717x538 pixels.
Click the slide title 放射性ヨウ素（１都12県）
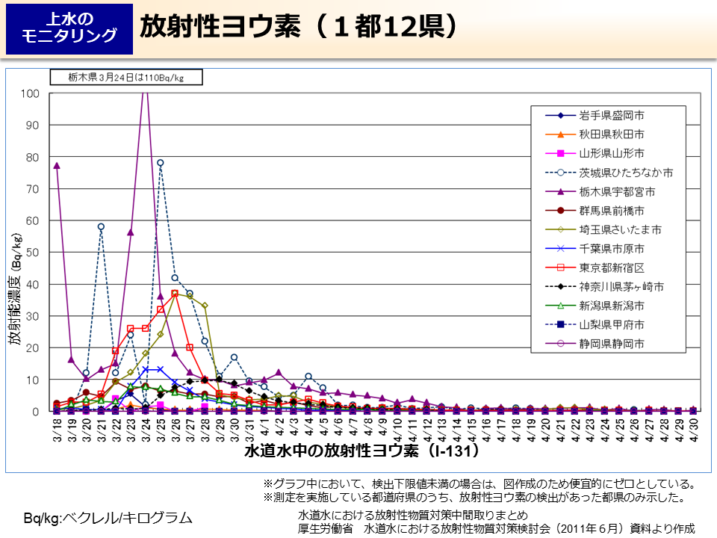298,27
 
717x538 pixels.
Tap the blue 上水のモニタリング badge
69,28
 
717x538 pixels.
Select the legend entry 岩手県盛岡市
612,116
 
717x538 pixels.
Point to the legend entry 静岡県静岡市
612,345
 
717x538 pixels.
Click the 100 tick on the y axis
31,93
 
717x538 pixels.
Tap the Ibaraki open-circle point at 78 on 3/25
160,163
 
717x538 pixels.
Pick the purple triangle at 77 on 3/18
57,166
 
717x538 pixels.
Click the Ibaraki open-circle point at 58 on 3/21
101,226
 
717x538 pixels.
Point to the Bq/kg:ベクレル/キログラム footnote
108,518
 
